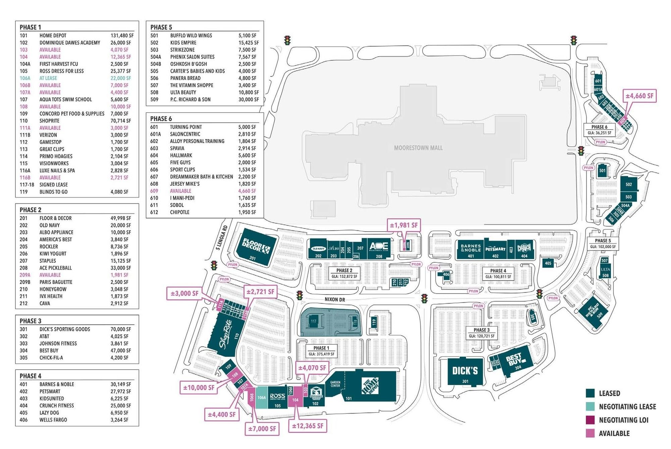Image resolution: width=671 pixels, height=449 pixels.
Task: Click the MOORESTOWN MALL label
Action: [x=418, y=148]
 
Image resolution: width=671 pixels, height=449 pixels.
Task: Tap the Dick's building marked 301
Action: [x=465, y=372]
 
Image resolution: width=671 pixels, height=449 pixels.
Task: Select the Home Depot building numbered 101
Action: [x=371, y=385]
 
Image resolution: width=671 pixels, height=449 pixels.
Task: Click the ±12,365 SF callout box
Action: [x=308, y=426]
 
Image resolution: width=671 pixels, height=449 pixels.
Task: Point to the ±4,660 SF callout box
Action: [x=639, y=96]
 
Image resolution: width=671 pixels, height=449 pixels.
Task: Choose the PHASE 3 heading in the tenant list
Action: [x=31, y=321]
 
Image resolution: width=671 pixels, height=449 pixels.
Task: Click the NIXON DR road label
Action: [x=334, y=299]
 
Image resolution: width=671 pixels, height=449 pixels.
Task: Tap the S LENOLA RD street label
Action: [x=222, y=238]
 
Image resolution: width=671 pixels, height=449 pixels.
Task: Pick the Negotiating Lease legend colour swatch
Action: [x=590, y=406]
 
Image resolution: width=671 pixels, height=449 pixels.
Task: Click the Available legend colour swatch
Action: [x=590, y=433]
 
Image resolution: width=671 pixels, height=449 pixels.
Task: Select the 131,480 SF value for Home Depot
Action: [x=122, y=36]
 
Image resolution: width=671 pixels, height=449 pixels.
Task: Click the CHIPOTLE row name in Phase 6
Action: [x=179, y=212]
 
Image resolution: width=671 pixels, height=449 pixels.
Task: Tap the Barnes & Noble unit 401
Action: [x=470, y=250]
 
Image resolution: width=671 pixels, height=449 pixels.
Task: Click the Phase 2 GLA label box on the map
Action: [x=344, y=273]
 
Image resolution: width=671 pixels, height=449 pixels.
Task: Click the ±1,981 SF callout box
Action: [x=404, y=225]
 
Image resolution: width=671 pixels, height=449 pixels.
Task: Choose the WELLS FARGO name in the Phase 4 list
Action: [x=53, y=420]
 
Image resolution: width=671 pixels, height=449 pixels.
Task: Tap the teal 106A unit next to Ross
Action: [x=262, y=397]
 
